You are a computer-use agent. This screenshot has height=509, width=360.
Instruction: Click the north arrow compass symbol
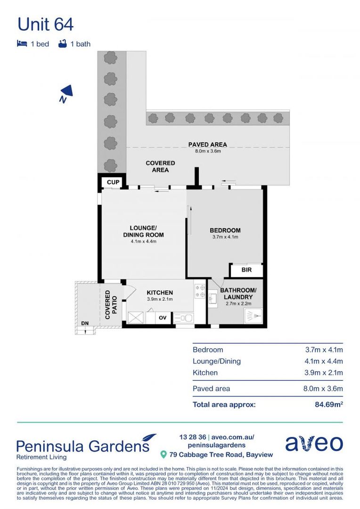click(66, 93)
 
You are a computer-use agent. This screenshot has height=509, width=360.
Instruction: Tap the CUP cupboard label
click(113, 182)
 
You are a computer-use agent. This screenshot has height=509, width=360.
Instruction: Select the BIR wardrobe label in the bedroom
click(246, 270)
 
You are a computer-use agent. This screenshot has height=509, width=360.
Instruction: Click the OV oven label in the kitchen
click(163, 318)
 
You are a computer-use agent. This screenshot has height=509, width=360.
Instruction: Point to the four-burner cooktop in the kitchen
click(199, 291)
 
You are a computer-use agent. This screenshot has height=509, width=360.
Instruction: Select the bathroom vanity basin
click(213, 299)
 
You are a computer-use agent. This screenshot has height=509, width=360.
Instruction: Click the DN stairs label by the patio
click(85, 323)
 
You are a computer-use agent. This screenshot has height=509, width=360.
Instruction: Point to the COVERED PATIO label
click(111, 305)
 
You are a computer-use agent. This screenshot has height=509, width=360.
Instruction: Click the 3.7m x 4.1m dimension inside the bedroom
click(225, 237)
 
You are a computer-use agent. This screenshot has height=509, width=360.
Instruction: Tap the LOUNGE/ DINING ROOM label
click(143, 231)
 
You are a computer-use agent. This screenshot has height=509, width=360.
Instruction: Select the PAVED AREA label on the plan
click(207, 145)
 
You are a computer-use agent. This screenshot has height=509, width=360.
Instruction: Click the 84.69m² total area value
click(328, 404)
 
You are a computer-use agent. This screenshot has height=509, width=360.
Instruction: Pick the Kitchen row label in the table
click(205, 372)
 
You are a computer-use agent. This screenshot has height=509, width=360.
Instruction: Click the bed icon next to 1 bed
click(22, 44)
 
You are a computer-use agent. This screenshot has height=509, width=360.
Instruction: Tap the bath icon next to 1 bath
click(62, 44)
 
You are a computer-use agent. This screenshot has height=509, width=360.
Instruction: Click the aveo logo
click(314, 443)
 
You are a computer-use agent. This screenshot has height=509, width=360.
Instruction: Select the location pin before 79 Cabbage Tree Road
click(164, 455)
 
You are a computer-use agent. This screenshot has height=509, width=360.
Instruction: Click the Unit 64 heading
click(45, 24)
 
